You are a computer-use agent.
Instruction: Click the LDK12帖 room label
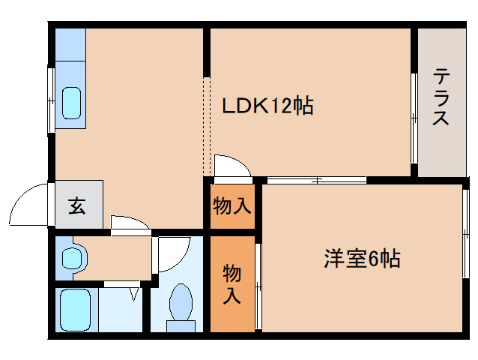[x=267, y=106]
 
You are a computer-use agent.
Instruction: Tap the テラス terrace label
[x=441, y=97]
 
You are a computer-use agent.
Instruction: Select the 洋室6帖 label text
[x=362, y=259]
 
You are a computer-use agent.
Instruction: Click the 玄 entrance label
[x=77, y=205]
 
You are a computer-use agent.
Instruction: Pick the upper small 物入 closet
[x=232, y=205]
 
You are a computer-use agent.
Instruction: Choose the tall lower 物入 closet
[x=232, y=284]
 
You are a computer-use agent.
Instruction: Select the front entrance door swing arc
[x=30, y=204]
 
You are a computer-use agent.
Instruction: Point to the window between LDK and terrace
[x=414, y=116]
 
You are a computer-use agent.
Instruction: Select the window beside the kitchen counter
[x=51, y=100]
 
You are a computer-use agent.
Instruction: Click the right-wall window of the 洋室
[x=465, y=244]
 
